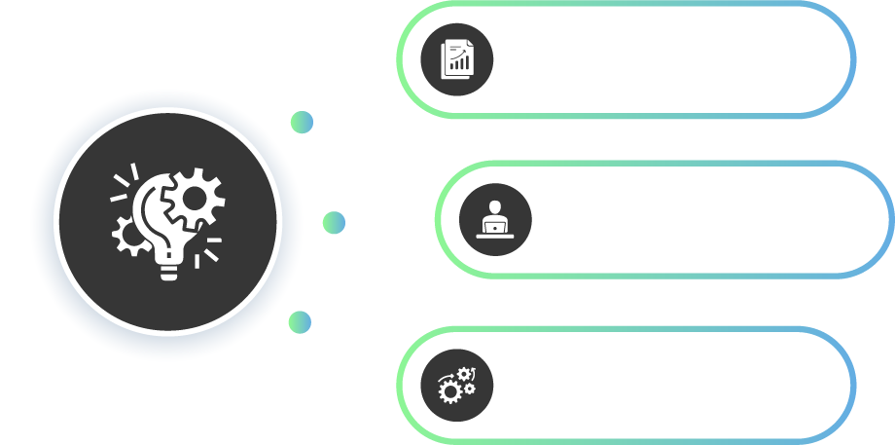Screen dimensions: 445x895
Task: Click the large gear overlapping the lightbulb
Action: click(x=194, y=200)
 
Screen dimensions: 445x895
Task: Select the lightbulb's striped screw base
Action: click(x=169, y=270)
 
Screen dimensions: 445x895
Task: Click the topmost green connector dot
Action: click(x=302, y=122)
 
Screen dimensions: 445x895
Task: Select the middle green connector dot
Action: click(x=334, y=223)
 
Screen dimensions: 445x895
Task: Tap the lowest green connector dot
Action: click(x=300, y=322)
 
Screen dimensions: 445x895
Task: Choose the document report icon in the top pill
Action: click(x=456, y=59)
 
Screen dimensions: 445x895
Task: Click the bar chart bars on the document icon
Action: click(x=459, y=65)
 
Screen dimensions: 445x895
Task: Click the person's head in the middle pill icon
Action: click(x=495, y=207)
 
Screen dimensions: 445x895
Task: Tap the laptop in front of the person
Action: click(x=495, y=228)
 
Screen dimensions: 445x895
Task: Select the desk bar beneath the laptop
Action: click(x=495, y=237)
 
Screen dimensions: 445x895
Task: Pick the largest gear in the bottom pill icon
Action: click(x=450, y=391)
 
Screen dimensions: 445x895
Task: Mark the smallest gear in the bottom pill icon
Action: click(x=470, y=389)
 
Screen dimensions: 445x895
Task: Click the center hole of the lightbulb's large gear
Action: click(x=195, y=199)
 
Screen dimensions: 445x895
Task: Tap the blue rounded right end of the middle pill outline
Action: click(x=888, y=219)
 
